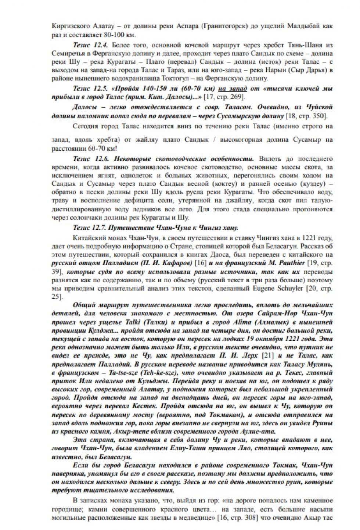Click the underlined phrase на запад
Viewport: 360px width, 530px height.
pyautogui.click(x=233, y=89)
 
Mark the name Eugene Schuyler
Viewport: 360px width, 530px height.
pyautogui.click(x=279, y=288)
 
